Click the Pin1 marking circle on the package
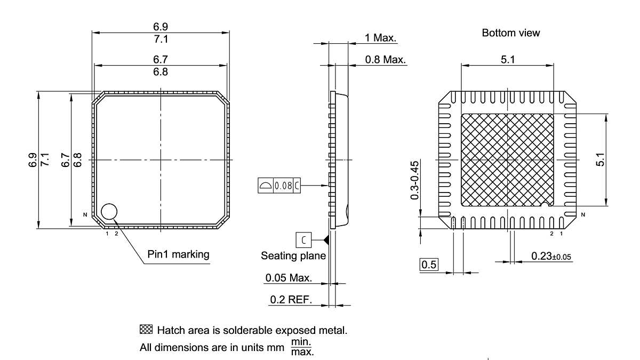(x=109, y=211)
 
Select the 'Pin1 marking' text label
(x=178, y=254)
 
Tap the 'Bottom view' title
(x=510, y=33)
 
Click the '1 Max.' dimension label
(x=380, y=37)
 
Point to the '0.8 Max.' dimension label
(x=385, y=59)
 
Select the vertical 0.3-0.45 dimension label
(x=414, y=180)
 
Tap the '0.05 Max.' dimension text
(x=288, y=278)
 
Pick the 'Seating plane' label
(x=293, y=256)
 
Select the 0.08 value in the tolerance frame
(x=283, y=186)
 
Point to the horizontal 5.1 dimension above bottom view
(x=507, y=60)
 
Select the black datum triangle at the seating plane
(x=326, y=240)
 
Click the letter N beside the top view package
(x=85, y=215)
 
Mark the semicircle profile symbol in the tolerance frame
(x=265, y=186)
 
